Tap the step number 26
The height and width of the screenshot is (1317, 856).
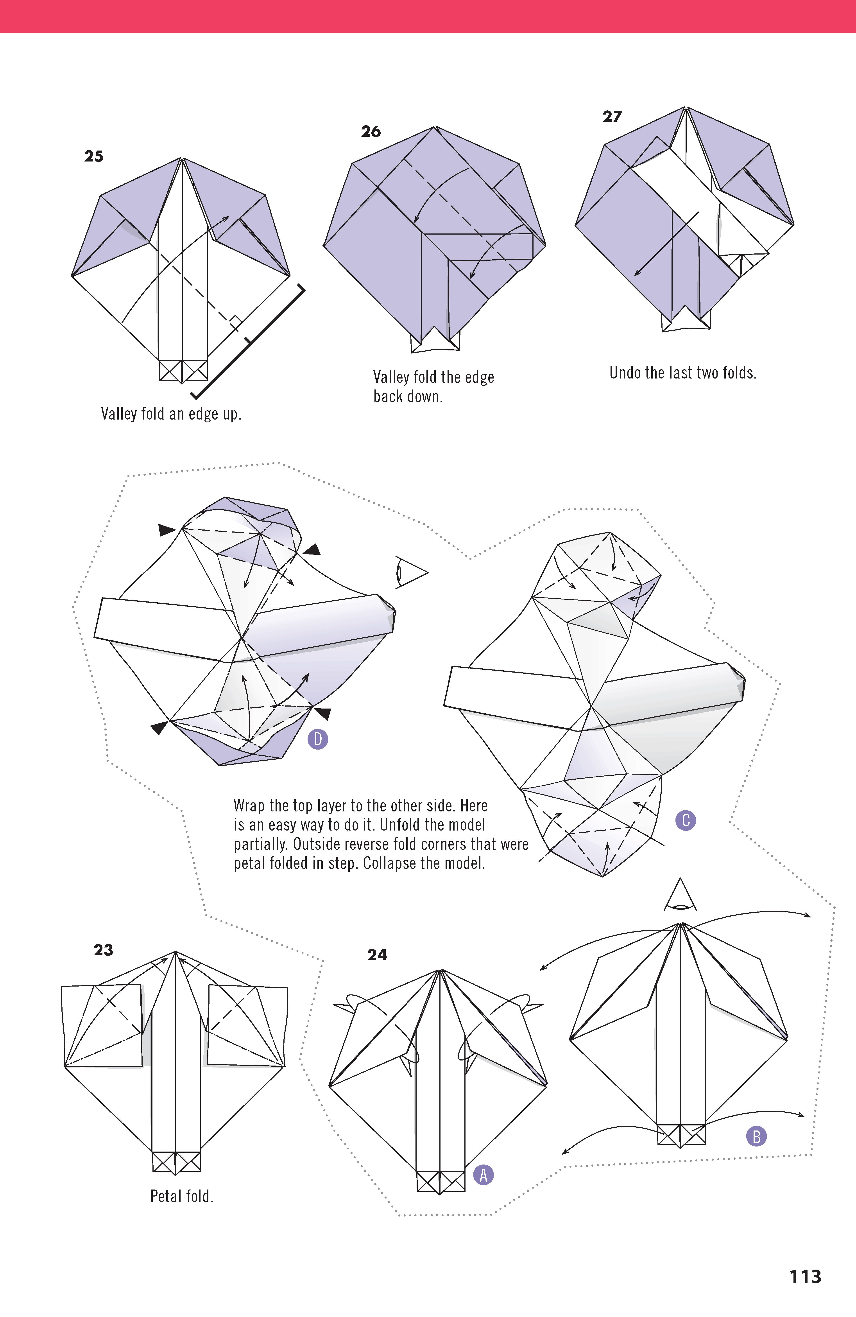click(x=371, y=132)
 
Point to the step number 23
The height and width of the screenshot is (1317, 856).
click(x=103, y=950)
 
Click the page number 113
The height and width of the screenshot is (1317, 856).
click(x=805, y=1277)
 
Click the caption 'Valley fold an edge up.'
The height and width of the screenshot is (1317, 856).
click(x=171, y=414)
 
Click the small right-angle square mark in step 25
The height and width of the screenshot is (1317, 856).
click(x=235, y=321)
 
